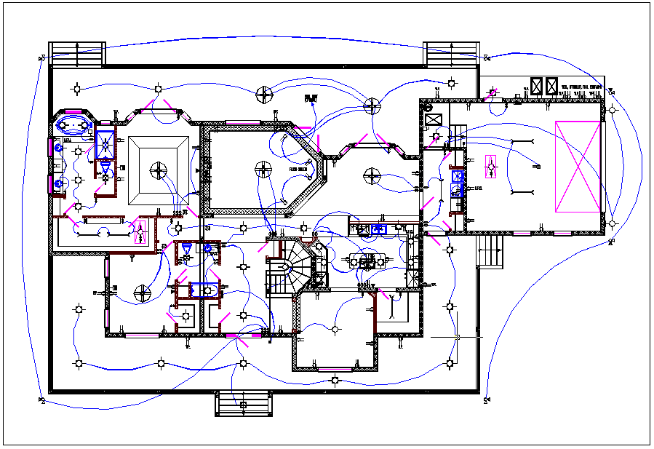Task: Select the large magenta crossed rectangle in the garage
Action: click(578, 167)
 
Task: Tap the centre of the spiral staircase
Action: click(289, 268)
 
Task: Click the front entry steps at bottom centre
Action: click(243, 404)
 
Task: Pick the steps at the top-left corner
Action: click(77, 53)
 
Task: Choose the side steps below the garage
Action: click(490, 251)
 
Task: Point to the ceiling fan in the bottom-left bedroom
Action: click(143, 294)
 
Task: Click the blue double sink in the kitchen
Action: click(378, 229)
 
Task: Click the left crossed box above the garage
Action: click(538, 86)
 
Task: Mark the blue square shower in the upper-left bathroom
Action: click(105, 143)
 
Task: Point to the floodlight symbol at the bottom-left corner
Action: click(42, 400)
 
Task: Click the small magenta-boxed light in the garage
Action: click(492, 167)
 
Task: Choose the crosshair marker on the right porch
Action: click(457, 337)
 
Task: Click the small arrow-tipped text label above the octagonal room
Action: click(312, 98)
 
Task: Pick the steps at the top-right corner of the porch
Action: click(449, 53)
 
